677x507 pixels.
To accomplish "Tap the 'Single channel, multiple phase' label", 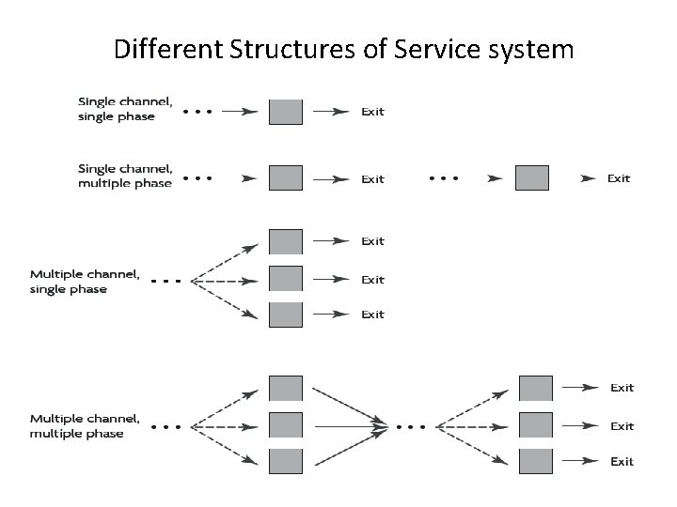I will tap(124, 176).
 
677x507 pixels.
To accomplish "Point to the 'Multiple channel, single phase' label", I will tap(85, 282).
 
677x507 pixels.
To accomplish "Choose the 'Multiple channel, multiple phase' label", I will tap(85, 425).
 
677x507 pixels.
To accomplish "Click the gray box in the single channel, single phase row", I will tap(286, 112).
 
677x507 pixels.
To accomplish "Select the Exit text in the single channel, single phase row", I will tap(373, 112).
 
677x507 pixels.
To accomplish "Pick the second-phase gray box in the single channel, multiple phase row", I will tap(531, 178).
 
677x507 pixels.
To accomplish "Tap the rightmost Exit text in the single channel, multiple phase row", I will tap(619, 178).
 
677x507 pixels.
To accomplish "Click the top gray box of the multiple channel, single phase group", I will tap(286, 241).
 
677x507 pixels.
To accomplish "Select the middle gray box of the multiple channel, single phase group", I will tap(286, 279).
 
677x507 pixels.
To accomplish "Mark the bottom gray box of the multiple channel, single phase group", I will tap(286, 315).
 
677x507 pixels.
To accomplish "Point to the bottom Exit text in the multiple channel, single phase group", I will tap(373, 315).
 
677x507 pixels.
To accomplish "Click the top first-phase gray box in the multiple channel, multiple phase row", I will tap(286, 388).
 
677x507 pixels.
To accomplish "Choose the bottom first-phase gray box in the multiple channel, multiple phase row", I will tap(286, 461).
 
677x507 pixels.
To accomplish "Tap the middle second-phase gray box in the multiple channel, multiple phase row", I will tap(536, 425).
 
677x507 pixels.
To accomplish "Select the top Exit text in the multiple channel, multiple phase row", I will tap(622, 388).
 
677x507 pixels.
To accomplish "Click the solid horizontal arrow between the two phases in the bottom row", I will tap(350, 426).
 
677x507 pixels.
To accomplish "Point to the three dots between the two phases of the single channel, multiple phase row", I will tap(445, 177).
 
